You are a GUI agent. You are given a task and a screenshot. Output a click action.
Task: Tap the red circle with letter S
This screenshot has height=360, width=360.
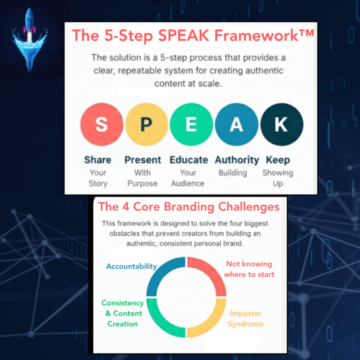[x=101, y=124]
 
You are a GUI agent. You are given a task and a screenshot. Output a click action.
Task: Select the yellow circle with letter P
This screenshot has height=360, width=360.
[x=146, y=124]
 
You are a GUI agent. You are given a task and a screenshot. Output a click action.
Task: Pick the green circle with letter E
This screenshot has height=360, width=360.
[x=191, y=124]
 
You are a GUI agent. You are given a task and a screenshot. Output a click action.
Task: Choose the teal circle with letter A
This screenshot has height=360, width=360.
[x=236, y=124]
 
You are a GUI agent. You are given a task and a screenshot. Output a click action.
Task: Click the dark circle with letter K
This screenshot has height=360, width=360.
[x=281, y=124]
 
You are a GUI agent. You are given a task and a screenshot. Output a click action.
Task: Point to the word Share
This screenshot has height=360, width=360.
[x=97, y=160]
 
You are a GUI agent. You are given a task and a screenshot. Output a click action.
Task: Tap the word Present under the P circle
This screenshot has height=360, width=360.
[x=142, y=160]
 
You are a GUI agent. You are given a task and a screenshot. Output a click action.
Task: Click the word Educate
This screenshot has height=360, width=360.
[x=188, y=160]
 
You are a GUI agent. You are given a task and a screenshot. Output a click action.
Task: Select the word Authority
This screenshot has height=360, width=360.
[x=236, y=160]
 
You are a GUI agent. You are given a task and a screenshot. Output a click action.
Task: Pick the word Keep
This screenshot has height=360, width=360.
[x=278, y=160]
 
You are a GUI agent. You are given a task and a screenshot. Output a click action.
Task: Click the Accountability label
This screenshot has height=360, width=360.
[x=131, y=266]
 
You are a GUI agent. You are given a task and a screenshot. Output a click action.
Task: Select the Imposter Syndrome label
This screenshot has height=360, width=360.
[x=245, y=318]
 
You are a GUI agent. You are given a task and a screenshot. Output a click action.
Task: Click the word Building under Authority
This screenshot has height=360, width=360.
[x=232, y=173]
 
